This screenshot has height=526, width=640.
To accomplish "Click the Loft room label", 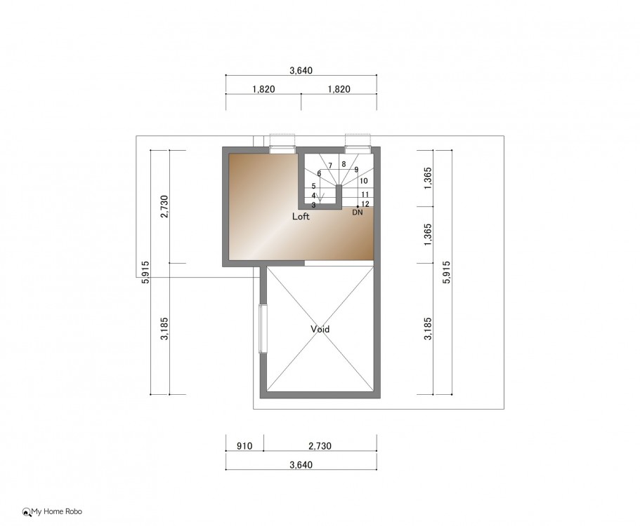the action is pyautogui.click(x=301, y=216).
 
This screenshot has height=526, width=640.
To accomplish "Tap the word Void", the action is pyautogui.click(x=320, y=329).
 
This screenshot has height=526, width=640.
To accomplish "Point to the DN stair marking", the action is pyautogui.click(x=357, y=213).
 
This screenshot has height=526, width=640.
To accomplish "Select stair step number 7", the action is pyautogui.click(x=330, y=166).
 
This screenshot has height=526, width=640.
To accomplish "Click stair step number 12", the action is pyautogui.click(x=365, y=204).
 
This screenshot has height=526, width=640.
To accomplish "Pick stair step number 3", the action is pyautogui.click(x=313, y=205).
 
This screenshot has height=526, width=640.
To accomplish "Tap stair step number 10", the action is pyautogui.click(x=364, y=181).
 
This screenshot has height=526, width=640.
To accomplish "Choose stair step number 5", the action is pyautogui.click(x=313, y=186).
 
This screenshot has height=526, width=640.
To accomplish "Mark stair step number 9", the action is pyautogui.click(x=356, y=170).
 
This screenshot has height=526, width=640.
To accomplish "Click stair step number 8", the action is pyautogui.click(x=344, y=164).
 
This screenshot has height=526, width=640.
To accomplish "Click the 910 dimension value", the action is pyautogui.click(x=244, y=446).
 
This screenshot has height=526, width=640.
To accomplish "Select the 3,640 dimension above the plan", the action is pyautogui.click(x=301, y=71).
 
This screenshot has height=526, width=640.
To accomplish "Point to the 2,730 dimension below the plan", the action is pyautogui.click(x=320, y=446).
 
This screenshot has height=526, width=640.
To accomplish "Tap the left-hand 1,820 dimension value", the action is pyautogui.click(x=263, y=89).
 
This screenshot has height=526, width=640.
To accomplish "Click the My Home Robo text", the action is pyautogui.click(x=57, y=511).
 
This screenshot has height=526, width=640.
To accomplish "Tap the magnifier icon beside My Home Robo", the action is pyautogui.click(x=27, y=512).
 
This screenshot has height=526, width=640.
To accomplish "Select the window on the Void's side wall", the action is pyautogui.click(x=263, y=328).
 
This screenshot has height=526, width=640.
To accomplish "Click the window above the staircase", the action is pyautogui.click(x=358, y=150).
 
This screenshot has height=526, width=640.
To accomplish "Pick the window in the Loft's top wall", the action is pyautogui.click(x=282, y=150).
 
